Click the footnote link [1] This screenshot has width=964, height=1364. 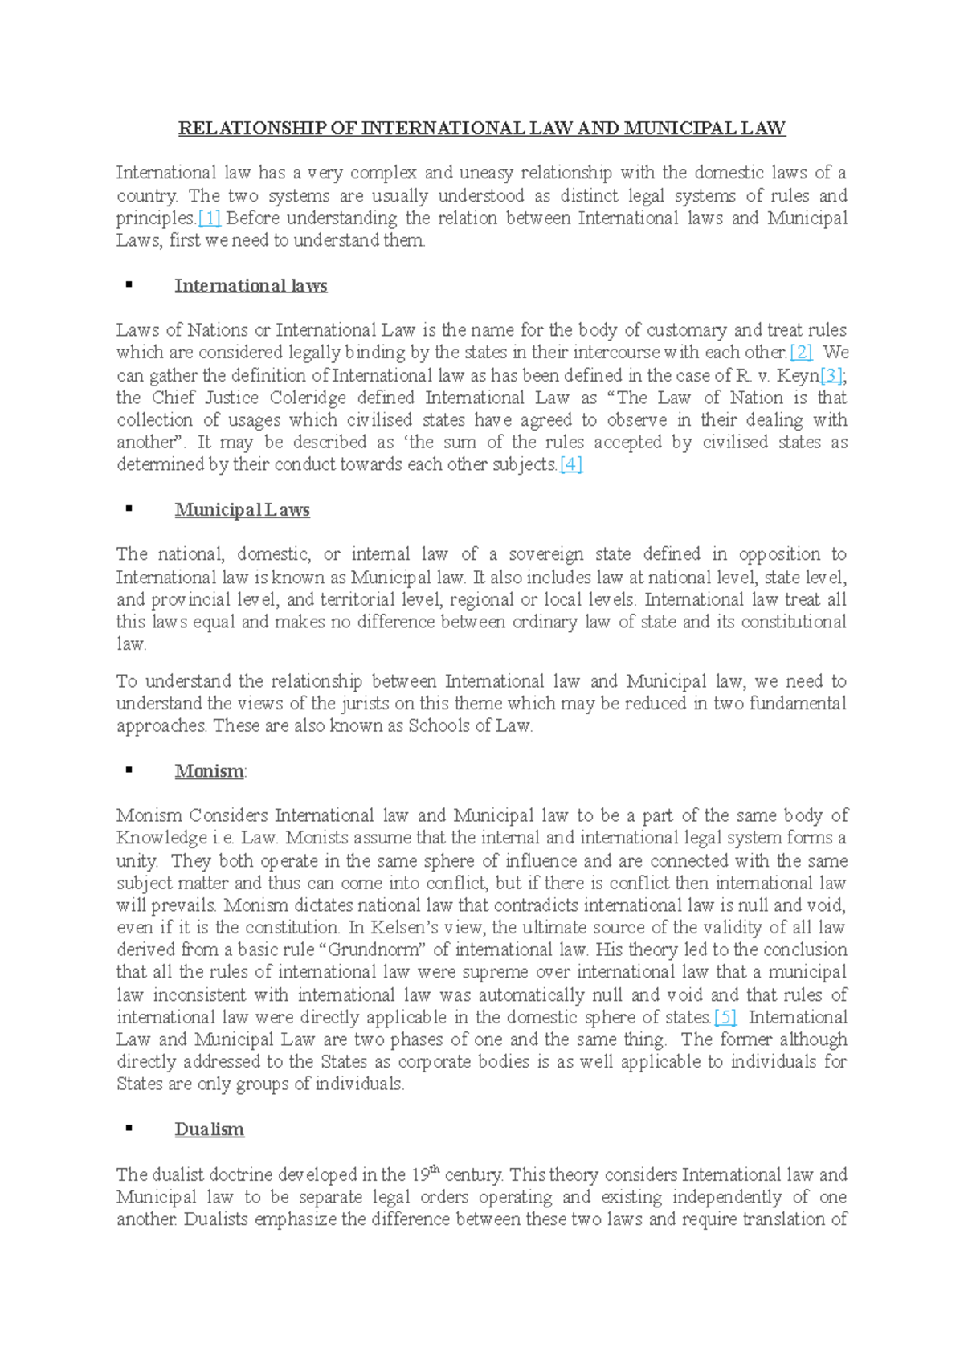pyautogui.click(x=209, y=218)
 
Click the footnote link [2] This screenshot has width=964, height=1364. pyautogui.click(x=802, y=352)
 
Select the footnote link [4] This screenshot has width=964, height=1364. pyautogui.click(x=570, y=464)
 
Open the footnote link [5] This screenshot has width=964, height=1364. pyautogui.click(x=725, y=1017)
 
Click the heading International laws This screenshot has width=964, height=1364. pyautogui.click(x=251, y=286)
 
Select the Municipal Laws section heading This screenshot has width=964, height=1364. pyautogui.click(x=242, y=510)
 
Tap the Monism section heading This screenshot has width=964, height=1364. pyautogui.click(x=209, y=771)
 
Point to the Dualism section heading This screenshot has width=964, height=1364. pyautogui.click(x=209, y=1129)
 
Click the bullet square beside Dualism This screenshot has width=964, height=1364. pyautogui.click(x=129, y=1128)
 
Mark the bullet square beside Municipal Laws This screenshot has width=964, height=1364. pyautogui.click(x=129, y=508)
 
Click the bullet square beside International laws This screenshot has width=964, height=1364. pyautogui.click(x=129, y=284)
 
